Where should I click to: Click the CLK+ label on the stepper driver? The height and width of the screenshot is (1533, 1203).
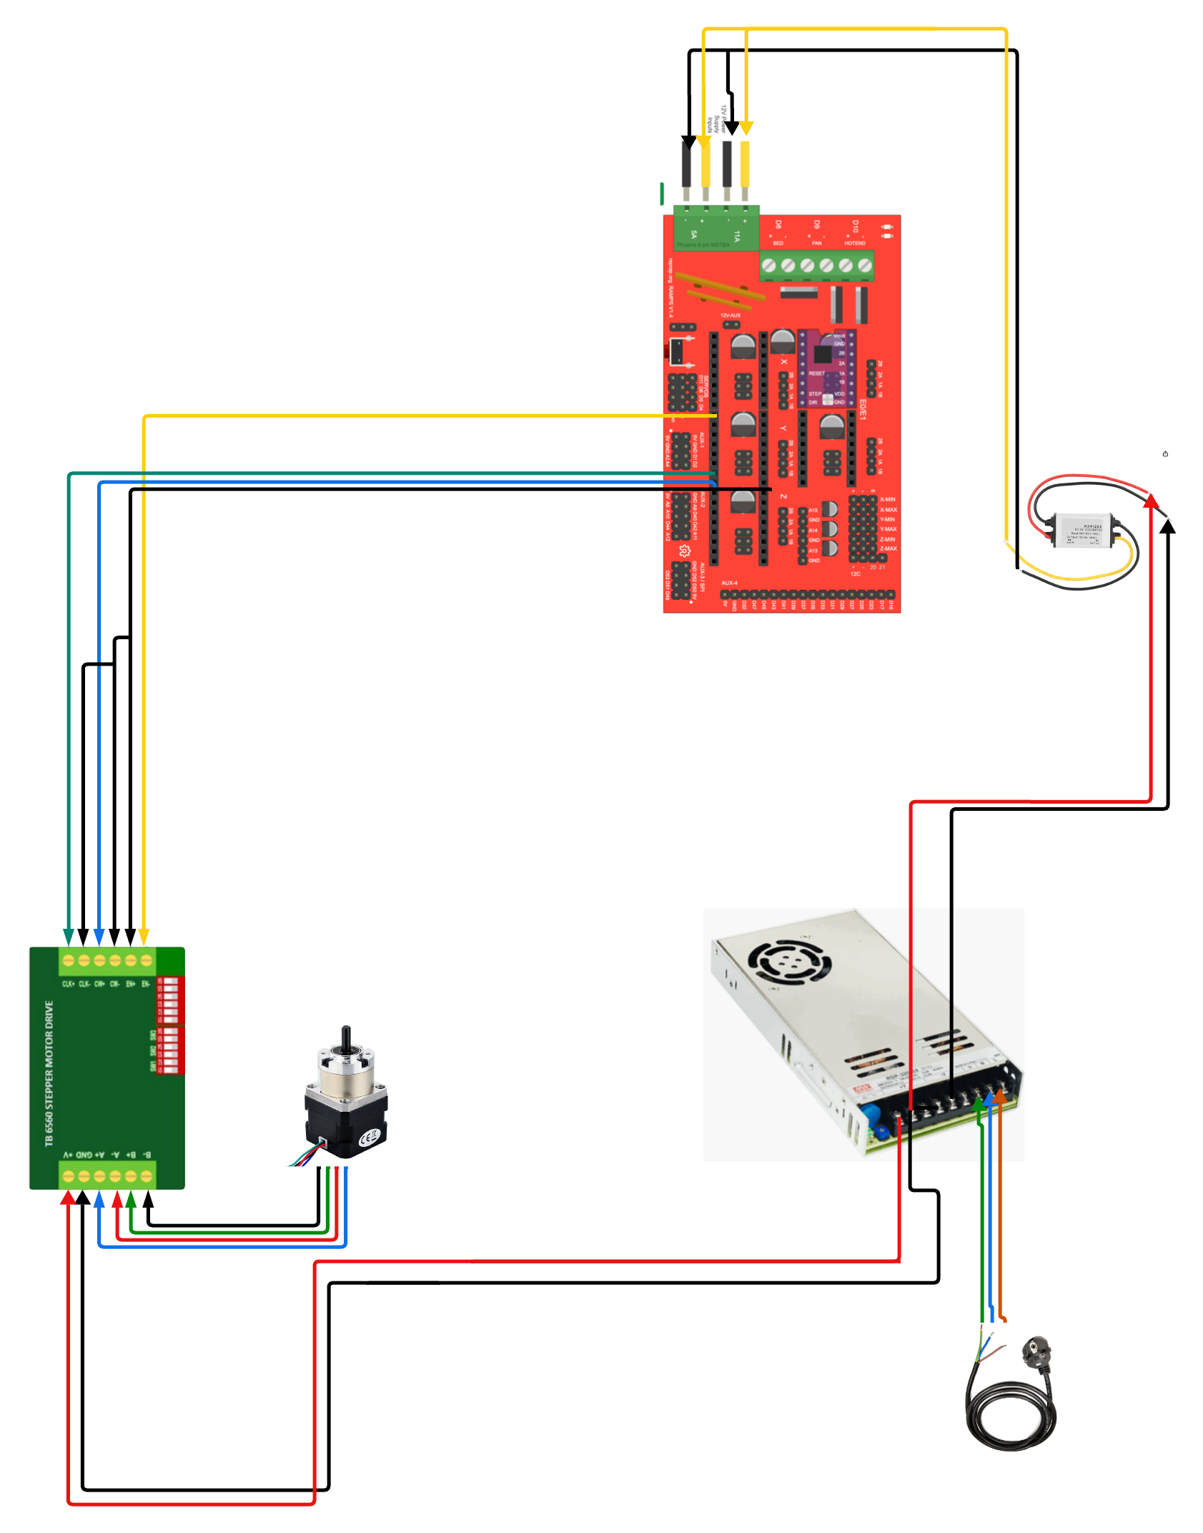(x=69, y=984)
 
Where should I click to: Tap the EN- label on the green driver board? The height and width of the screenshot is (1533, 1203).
(x=146, y=984)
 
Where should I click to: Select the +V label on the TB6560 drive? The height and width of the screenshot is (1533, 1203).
(x=69, y=1155)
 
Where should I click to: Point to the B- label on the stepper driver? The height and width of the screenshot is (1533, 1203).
(x=147, y=1155)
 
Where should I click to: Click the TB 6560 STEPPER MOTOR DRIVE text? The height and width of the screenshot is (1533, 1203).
(x=49, y=1073)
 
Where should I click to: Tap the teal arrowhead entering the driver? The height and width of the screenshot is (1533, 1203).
(x=69, y=937)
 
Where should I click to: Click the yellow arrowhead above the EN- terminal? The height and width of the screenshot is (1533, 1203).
(x=144, y=937)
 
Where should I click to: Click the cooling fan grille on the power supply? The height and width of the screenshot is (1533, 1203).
(x=789, y=962)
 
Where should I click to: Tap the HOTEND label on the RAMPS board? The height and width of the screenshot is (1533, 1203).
(x=855, y=243)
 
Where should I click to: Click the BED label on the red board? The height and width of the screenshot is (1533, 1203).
(x=778, y=243)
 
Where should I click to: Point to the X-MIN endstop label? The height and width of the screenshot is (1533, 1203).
(x=888, y=500)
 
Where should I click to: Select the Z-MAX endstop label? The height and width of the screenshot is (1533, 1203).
(x=888, y=548)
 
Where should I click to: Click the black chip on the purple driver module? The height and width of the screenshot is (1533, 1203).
(x=823, y=354)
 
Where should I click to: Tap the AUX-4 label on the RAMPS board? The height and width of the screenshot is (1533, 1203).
(x=729, y=583)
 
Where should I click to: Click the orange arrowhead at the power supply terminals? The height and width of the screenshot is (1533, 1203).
(x=1001, y=1095)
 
